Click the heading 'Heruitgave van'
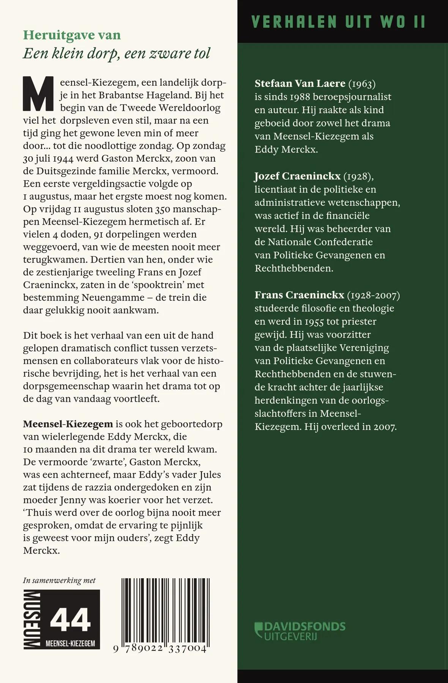[x=72, y=35]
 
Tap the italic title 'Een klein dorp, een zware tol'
[x=117, y=54]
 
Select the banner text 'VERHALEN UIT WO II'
[x=338, y=22]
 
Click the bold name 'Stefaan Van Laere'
[x=300, y=83]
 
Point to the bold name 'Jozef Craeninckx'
[x=297, y=176]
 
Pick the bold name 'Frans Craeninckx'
[x=299, y=295]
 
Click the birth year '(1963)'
[x=362, y=83]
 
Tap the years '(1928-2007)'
[x=374, y=295]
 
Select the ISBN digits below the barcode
[x=160, y=648]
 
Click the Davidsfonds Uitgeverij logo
[x=300, y=631]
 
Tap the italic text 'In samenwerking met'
[x=59, y=581]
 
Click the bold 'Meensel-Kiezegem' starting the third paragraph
[x=68, y=424]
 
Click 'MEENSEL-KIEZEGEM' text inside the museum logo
[x=70, y=644]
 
